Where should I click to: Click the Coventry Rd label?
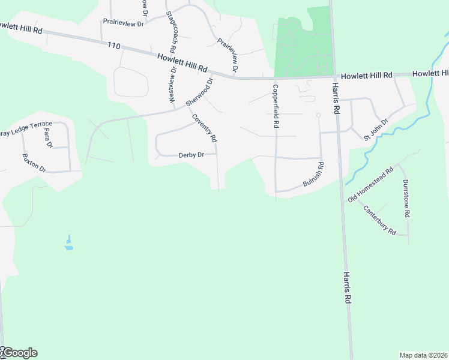205,128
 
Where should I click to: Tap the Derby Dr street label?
192,155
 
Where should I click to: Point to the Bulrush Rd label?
314,175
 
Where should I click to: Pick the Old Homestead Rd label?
370,184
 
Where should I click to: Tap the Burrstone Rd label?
406,198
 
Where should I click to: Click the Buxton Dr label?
34,163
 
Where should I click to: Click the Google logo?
19,353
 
